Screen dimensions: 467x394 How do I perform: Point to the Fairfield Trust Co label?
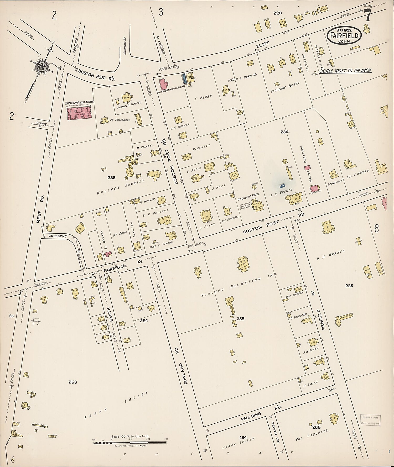[x=129, y=103]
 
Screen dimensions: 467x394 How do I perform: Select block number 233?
[x=111, y=178]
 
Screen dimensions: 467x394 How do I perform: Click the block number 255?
[x=241, y=319]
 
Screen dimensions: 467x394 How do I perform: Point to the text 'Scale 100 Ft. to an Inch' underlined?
[x=345, y=70]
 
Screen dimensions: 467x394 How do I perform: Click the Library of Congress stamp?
[x=369, y=422]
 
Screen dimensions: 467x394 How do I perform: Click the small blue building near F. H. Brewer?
[x=282, y=186]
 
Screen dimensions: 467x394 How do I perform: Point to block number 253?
[x=73, y=382]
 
